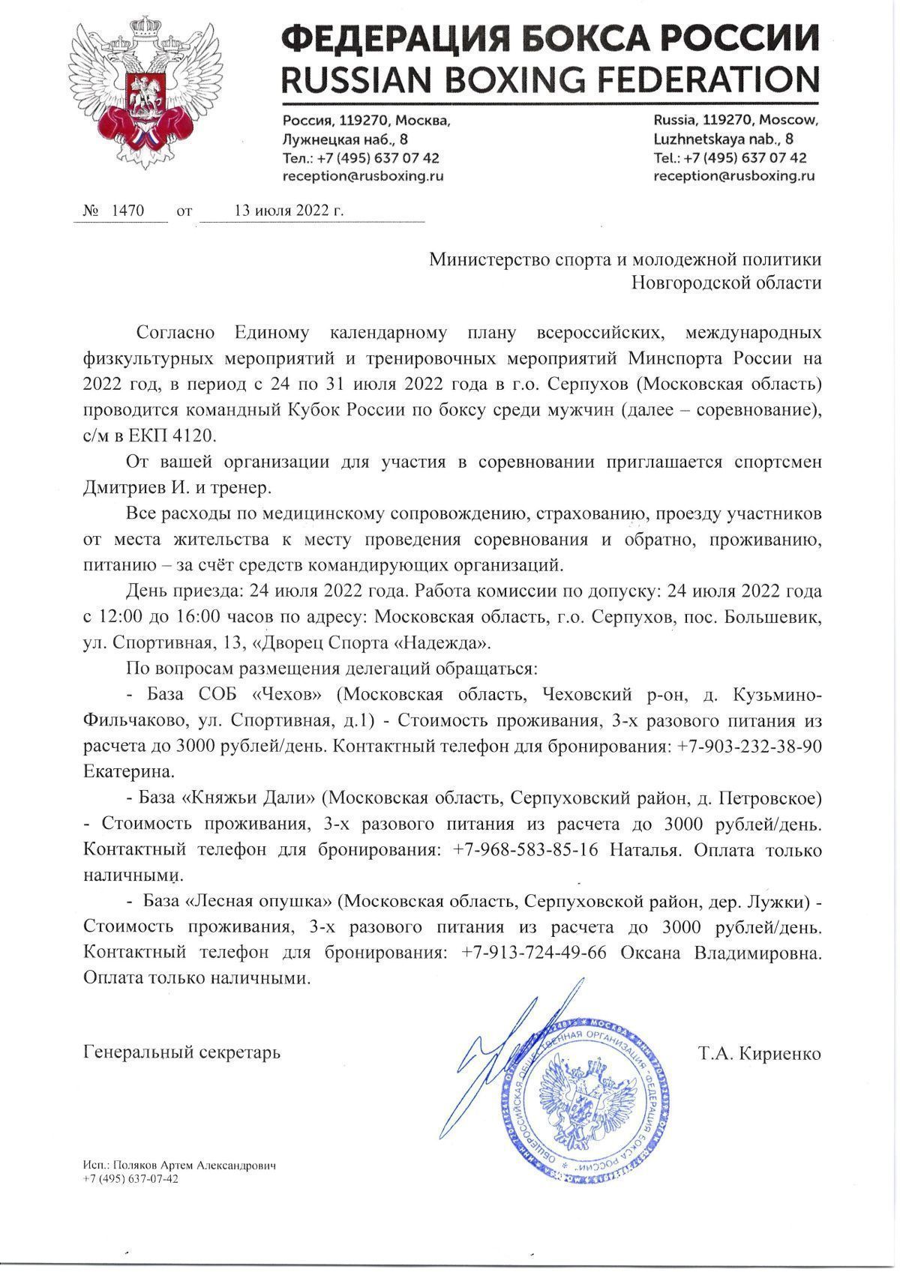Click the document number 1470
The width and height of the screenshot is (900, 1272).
[127, 211]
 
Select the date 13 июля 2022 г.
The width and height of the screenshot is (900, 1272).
[289, 211]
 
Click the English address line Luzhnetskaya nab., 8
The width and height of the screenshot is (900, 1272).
[724, 139]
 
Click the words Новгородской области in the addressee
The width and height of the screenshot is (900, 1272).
[725, 283]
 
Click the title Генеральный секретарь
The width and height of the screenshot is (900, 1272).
[182, 1052]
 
